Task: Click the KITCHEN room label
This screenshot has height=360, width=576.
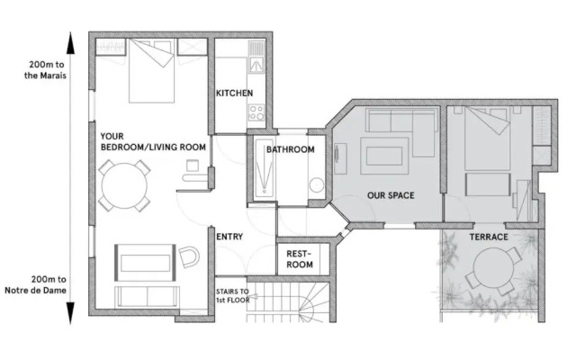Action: tap(234, 93)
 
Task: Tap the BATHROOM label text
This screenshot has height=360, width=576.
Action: tap(290, 149)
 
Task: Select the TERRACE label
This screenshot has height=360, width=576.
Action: tap(489, 237)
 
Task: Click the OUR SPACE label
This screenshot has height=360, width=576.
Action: tap(391, 195)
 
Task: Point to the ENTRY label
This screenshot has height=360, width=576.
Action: tap(229, 237)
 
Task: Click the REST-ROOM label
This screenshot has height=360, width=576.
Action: tap(300, 259)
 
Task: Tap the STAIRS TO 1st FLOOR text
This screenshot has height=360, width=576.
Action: tap(233, 296)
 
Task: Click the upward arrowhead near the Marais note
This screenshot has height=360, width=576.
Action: tap(70, 43)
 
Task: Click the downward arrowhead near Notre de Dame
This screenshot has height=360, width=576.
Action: tap(70, 313)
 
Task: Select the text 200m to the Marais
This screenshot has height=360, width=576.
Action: tap(46, 70)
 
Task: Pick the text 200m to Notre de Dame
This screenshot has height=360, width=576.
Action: tap(36, 284)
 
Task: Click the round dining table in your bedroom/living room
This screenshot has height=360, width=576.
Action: tap(124, 186)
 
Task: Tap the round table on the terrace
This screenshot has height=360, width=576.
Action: tap(493, 267)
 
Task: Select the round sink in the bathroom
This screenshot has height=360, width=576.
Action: tap(317, 185)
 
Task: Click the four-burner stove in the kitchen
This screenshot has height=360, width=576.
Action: tap(256, 112)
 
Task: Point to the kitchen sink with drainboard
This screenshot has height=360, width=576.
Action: tap(256, 57)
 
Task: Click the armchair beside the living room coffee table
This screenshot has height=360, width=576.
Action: tap(189, 256)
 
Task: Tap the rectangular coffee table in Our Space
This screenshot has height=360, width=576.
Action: tap(384, 156)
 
